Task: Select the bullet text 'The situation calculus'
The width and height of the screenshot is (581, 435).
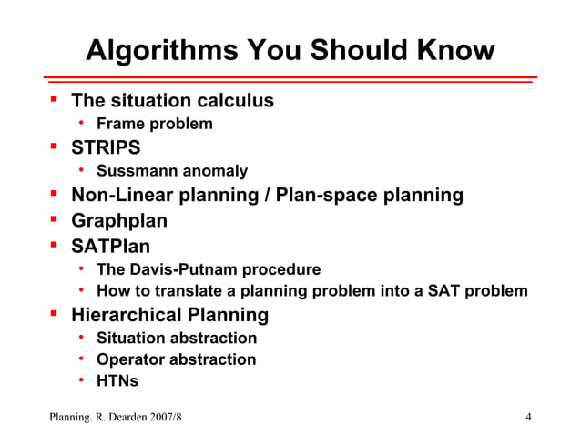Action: [172, 101]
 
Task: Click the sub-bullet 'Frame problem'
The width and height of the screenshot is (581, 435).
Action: [154, 124]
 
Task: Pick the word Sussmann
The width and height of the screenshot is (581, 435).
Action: [132, 171]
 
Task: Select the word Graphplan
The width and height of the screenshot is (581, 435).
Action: [119, 220]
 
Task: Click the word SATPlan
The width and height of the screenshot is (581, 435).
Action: [111, 245]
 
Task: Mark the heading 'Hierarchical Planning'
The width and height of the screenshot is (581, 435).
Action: [169, 316]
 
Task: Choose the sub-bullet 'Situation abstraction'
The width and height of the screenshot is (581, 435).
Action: [176, 339]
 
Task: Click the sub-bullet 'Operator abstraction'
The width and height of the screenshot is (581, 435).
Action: [176, 359]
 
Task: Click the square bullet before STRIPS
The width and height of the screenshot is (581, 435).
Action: [54, 147]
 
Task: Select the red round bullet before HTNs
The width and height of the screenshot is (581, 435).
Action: [81, 380]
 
